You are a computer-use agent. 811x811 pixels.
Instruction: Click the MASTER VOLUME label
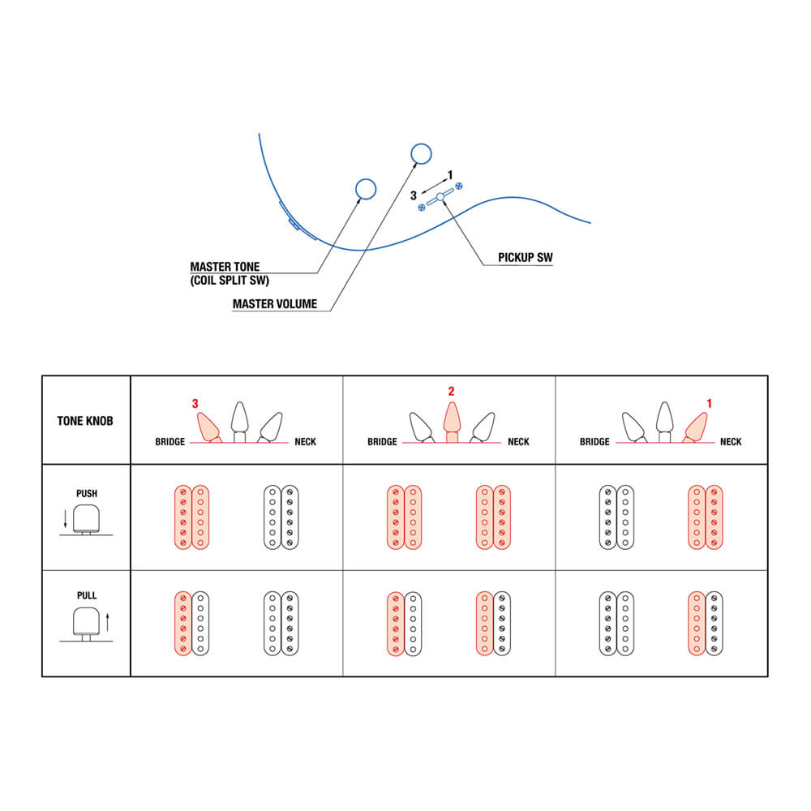[275, 303]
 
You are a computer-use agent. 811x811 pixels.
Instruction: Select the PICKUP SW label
[525, 258]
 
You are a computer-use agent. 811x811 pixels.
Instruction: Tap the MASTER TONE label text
[225, 267]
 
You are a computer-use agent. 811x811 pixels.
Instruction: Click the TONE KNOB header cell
[85, 421]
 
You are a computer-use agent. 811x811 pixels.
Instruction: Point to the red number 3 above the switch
[195, 403]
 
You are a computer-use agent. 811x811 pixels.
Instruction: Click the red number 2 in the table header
[451, 391]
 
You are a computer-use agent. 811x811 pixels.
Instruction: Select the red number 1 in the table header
[709, 403]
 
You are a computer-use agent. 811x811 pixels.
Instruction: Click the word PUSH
[87, 493]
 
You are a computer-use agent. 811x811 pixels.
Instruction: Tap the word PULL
[87, 595]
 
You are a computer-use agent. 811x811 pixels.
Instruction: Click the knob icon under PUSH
[87, 519]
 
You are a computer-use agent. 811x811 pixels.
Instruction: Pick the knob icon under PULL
[87, 624]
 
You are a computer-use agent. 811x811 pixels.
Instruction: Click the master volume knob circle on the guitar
[421, 153]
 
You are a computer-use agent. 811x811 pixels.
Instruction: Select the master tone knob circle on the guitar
[366, 189]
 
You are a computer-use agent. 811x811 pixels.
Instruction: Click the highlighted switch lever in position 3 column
[208, 427]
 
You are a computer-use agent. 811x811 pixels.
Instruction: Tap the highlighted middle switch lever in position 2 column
[452, 422]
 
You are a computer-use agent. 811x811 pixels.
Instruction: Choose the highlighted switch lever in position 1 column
[696, 427]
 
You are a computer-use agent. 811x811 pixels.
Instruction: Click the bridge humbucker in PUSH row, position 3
[192, 517]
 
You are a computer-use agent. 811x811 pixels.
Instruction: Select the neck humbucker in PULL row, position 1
[706, 623]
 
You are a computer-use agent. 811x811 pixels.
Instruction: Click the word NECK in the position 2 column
[518, 442]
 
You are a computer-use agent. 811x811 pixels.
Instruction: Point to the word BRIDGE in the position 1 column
[594, 442]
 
